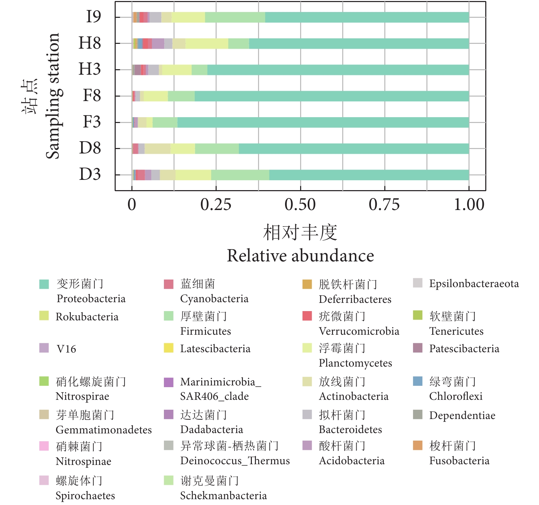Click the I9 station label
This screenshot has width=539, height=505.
(93, 16)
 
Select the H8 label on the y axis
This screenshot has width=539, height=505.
(90, 43)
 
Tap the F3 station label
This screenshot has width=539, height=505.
(92, 122)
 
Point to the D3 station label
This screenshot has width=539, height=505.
(90, 174)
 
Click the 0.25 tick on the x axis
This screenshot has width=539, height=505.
(216, 205)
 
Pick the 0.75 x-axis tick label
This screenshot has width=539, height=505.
(384, 205)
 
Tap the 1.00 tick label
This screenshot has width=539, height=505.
(469, 205)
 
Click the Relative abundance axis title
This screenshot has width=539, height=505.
(300, 256)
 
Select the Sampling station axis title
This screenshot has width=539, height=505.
(53, 96)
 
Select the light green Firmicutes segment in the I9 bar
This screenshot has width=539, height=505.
(235, 17)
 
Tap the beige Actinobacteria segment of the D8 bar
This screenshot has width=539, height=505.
(157, 149)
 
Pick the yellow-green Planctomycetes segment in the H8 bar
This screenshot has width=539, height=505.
(207, 44)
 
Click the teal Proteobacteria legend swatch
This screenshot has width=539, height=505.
(44, 284)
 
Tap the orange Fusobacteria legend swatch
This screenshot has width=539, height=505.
(418, 445)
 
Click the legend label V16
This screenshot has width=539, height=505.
(66, 349)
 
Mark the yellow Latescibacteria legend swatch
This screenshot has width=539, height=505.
(169, 348)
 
